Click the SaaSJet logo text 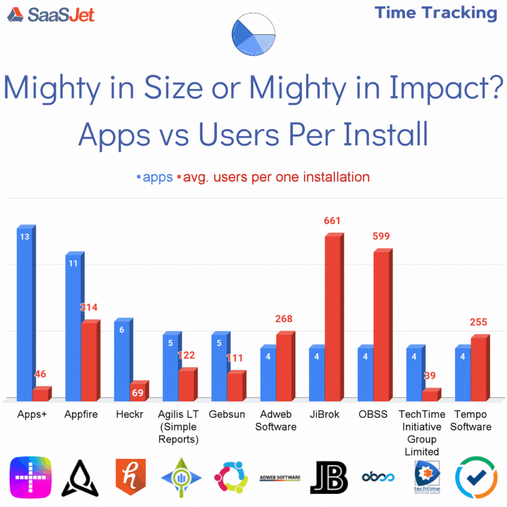point(61,15)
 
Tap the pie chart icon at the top point(253,34)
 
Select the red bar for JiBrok point(334,317)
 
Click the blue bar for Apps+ point(26,313)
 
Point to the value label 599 point(381,236)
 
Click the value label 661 point(332,221)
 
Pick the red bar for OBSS point(383,324)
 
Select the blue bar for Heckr point(123,360)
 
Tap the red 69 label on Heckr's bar point(137,393)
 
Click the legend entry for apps point(155,177)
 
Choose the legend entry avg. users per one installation point(274,177)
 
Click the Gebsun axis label point(227,414)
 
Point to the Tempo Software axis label point(471,420)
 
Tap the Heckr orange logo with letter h point(131,477)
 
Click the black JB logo point(329,477)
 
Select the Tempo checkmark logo point(476,477)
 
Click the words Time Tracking point(436,13)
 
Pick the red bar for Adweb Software point(286,366)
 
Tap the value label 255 point(478,322)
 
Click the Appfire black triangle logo point(80,478)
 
